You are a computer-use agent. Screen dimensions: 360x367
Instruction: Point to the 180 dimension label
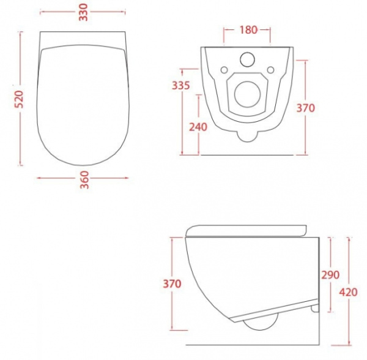click(x=248, y=29)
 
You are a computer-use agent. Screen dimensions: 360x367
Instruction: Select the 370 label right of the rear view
click(x=305, y=108)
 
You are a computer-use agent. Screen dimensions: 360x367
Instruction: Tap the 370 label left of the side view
click(x=173, y=283)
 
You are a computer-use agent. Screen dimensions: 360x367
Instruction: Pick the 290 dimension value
click(x=329, y=275)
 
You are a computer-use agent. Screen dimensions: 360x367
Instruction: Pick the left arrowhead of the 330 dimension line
click(x=41, y=12)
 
